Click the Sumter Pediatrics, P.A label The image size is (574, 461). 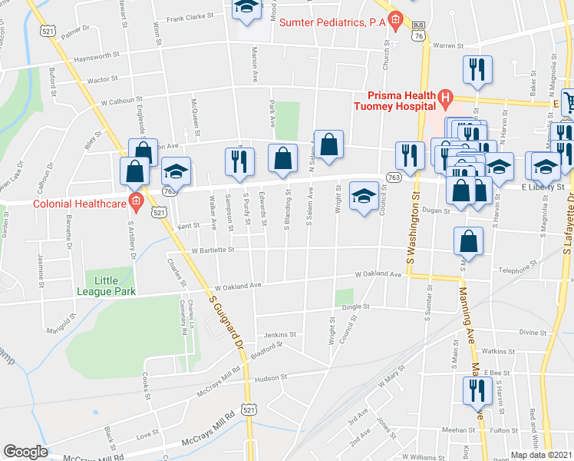click(332, 23)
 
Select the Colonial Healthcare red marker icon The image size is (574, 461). click(136, 204)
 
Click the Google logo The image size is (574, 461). click(25, 452)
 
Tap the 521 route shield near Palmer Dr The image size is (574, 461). click(49, 31)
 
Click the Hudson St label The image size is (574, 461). click(270, 377)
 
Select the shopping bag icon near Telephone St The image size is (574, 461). click(468, 241)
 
